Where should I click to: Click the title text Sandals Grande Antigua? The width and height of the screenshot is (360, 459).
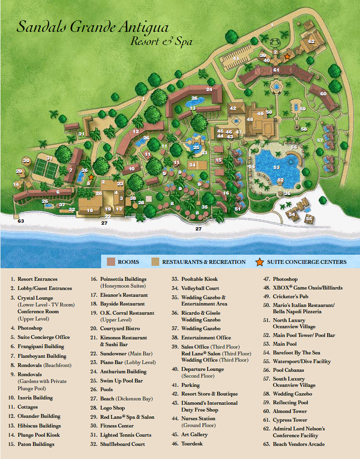[x=92, y=26]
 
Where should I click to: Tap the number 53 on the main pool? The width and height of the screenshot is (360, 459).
[x=276, y=167]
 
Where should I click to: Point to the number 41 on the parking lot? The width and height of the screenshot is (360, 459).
[x=236, y=59]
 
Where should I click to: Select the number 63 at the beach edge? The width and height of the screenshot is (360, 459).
[x=20, y=221]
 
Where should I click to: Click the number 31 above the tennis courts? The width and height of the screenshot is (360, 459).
[x=49, y=158]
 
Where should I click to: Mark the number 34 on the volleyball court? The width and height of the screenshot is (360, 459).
[x=193, y=165]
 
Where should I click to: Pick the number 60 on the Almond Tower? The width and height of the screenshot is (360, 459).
[x=323, y=93]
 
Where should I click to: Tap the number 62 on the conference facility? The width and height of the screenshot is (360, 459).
[x=312, y=42]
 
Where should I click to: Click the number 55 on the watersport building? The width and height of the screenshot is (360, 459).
[x=309, y=218]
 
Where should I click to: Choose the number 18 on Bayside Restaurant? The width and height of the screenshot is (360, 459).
[x=90, y=210]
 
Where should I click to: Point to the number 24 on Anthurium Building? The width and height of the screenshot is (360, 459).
[x=209, y=89]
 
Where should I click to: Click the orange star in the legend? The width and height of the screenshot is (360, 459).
[x=260, y=262]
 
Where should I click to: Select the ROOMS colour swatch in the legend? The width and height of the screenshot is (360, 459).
[x=111, y=262]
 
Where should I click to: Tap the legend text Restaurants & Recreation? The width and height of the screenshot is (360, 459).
[x=204, y=262]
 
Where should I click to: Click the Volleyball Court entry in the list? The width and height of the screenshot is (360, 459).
[x=200, y=288]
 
